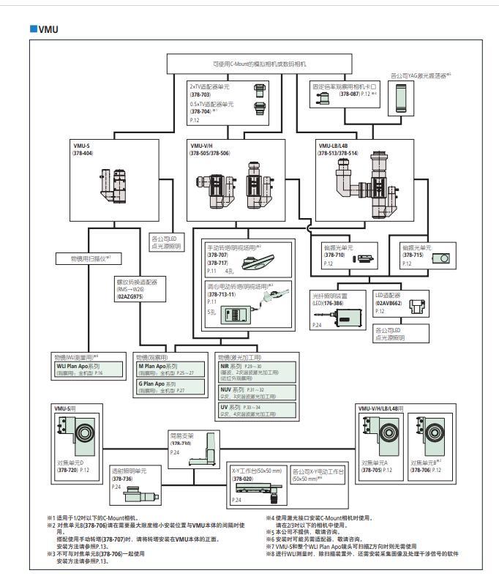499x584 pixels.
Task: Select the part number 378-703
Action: coord(200,95)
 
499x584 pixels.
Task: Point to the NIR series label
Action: coord(231,365)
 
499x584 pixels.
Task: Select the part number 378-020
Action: coord(244,477)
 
